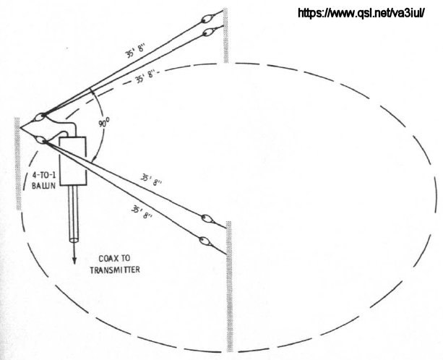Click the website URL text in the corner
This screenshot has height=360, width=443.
click(x=361, y=13)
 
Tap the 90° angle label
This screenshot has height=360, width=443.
click(x=103, y=123)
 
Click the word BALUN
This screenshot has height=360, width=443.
click(x=43, y=186)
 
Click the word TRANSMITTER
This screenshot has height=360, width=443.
click(x=115, y=270)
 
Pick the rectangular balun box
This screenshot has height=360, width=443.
click(x=72, y=161)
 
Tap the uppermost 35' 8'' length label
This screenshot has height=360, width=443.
click(x=134, y=51)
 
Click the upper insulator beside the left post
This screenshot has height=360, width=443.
click(x=40, y=116)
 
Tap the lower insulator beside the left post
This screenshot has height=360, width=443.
click(x=40, y=140)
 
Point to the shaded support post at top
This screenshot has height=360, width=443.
click(x=225, y=35)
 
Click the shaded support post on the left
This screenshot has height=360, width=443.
click(x=18, y=163)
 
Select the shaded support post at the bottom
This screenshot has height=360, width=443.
click(x=229, y=286)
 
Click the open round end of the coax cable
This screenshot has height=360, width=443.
click(x=74, y=240)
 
